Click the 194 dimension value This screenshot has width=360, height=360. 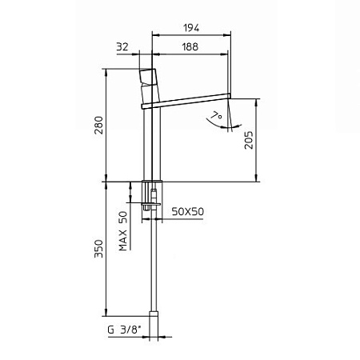(191, 28)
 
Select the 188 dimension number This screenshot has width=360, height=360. (190, 47)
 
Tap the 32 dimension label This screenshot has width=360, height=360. (122, 46)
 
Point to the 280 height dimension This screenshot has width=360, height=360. (99, 125)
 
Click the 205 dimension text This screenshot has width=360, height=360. (249, 140)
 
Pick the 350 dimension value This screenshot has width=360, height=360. (99, 249)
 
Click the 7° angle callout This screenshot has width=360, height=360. (216, 116)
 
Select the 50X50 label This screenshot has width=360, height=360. (188, 211)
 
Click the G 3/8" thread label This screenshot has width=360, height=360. (124, 330)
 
